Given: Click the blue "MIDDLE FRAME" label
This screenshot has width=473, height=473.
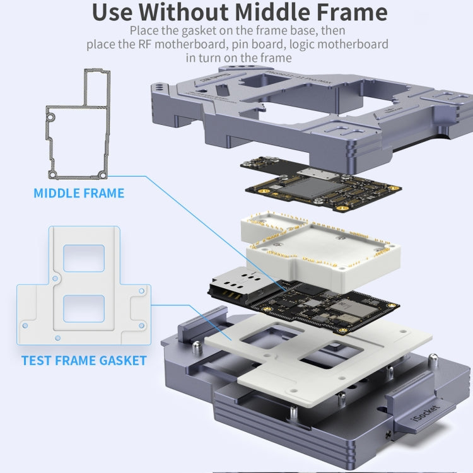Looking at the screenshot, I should tap(79, 193).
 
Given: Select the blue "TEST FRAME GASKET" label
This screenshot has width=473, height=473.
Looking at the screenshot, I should tap(83, 361).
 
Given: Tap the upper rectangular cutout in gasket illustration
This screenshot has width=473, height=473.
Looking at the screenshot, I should tap(84, 259).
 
